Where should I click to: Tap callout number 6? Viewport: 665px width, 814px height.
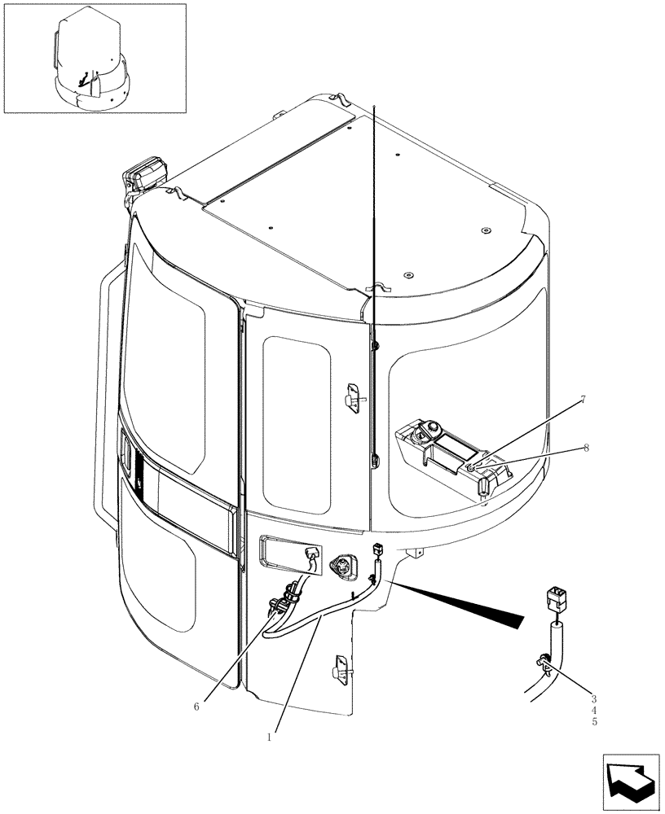pyautogui.click(x=196, y=707)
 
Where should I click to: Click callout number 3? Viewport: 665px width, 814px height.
pyautogui.click(x=594, y=698)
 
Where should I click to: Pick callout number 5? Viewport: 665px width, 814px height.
pyautogui.click(x=594, y=721)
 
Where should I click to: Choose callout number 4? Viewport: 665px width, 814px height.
pyautogui.click(x=594, y=710)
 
